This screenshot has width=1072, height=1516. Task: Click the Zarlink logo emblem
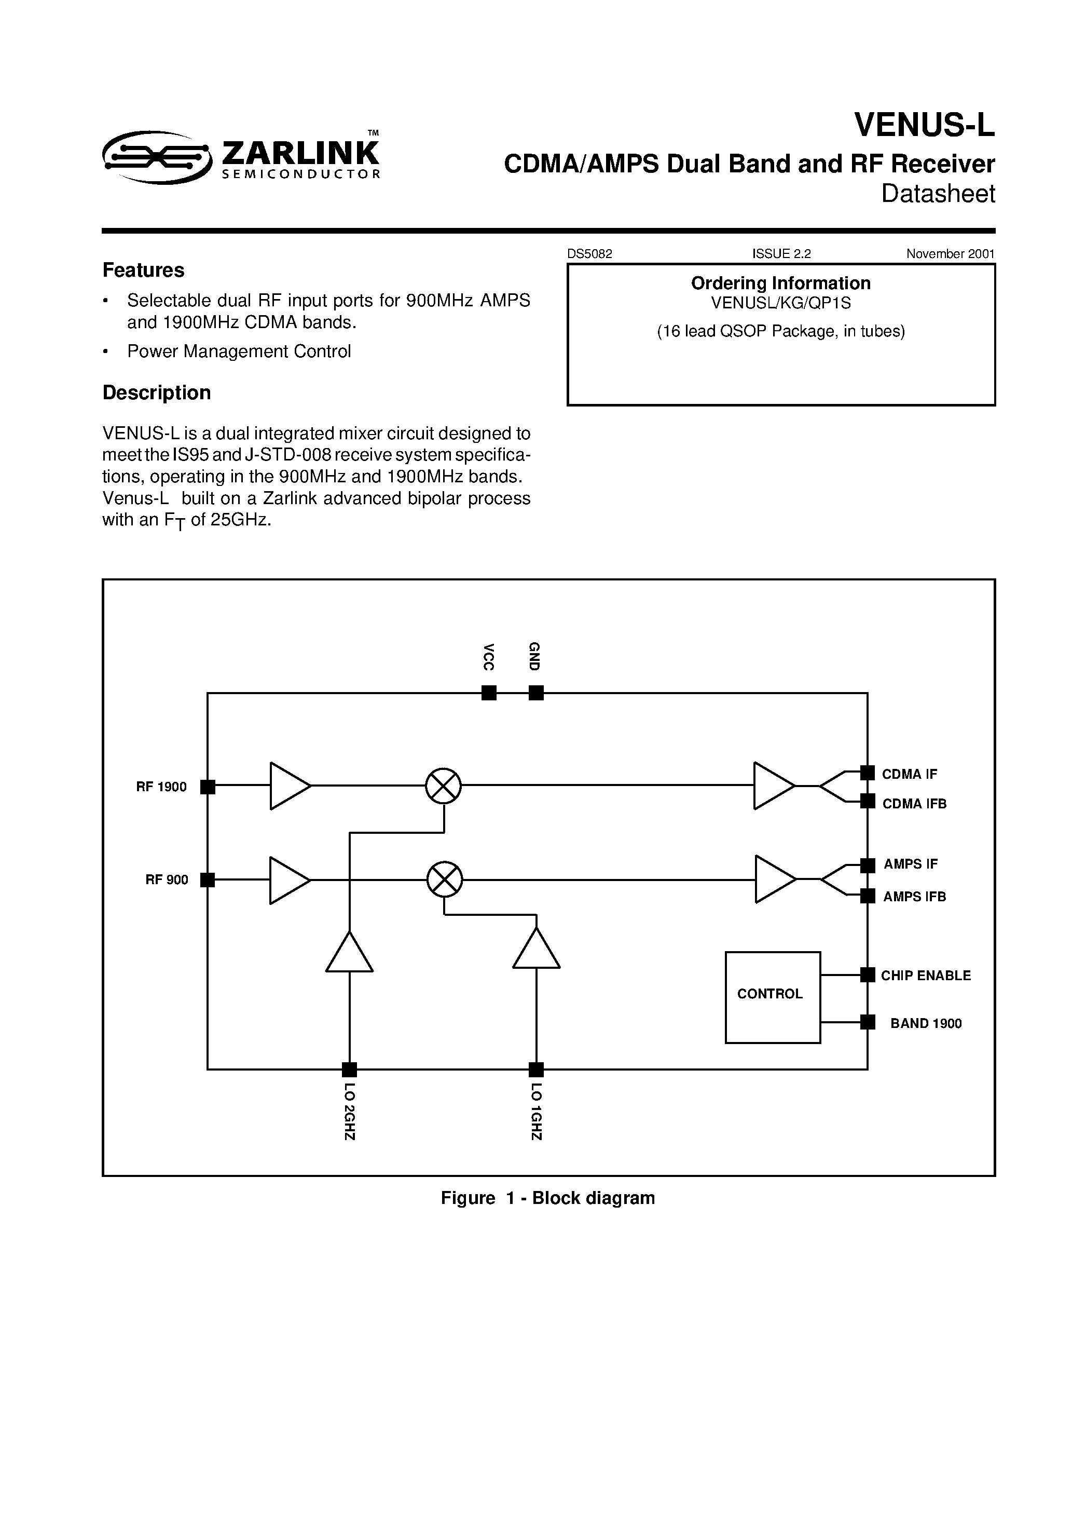[157, 157]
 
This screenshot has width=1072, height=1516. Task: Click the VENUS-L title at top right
[924, 124]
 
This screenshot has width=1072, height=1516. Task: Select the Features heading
[143, 270]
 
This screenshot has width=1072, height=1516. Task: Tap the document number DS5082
[589, 253]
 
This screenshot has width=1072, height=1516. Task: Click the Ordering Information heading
[780, 283]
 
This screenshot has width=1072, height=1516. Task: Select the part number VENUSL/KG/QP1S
[780, 303]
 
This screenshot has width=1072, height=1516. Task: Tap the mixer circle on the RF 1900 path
[443, 786]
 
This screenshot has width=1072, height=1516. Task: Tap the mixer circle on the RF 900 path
[444, 879]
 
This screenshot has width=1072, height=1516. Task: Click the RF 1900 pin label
[161, 787]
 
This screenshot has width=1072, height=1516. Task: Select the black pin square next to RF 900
[207, 879]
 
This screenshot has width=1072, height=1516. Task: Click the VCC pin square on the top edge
[488, 693]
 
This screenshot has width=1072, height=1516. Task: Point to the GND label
[534, 656]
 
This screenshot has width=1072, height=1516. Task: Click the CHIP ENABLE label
[926, 975]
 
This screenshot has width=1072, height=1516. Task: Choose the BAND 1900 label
[926, 1023]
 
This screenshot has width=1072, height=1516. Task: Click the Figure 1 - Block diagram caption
[547, 1198]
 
